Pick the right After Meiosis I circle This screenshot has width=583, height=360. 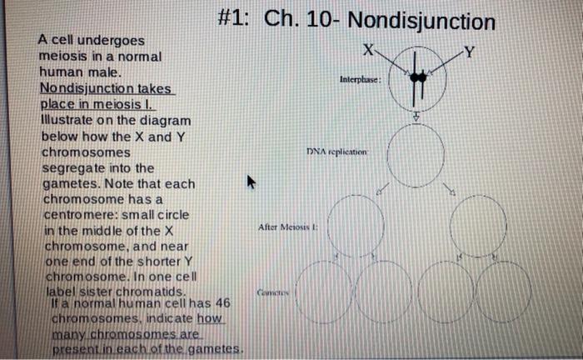click(476, 222)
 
